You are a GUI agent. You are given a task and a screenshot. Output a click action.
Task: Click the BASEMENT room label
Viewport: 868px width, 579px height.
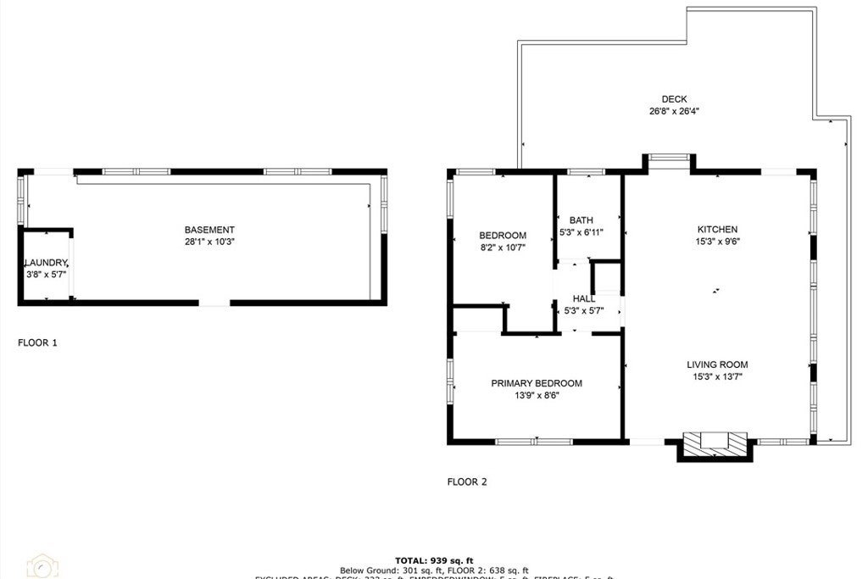pyautogui.click(x=209, y=230)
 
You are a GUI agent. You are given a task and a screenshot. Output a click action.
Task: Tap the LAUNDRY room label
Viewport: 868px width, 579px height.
pyautogui.click(x=45, y=264)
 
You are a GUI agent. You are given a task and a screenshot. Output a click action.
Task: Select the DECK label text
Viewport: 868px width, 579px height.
pyautogui.click(x=674, y=99)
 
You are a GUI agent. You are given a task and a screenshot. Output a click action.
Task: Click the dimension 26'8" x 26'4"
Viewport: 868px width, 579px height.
pyautogui.click(x=674, y=111)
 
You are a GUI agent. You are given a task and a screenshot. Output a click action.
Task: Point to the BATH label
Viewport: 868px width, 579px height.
pyautogui.click(x=581, y=220)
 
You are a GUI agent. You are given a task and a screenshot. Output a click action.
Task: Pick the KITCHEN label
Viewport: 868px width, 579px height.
pyautogui.click(x=717, y=230)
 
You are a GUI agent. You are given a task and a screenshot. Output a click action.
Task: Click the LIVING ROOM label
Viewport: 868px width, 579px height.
pyautogui.click(x=717, y=365)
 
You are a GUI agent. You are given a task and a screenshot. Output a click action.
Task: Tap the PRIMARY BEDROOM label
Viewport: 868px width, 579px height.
pyautogui.click(x=537, y=383)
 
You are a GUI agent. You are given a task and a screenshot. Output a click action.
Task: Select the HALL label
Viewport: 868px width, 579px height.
pyautogui.click(x=583, y=299)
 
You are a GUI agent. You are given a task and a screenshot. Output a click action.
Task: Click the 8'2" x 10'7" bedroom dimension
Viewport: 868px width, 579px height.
pyautogui.click(x=503, y=248)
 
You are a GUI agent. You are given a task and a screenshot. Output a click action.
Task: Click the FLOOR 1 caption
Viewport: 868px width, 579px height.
pyautogui.click(x=38, y=343)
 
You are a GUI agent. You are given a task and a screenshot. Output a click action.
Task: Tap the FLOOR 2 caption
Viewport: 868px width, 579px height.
pyautogui.click(x=467, y=482)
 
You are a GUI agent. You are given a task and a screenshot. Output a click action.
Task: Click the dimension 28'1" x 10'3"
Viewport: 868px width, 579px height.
pyautogui.click(x=209, y=242)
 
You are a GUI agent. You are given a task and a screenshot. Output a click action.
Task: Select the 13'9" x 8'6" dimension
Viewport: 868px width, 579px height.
pyautogui.click(x=537, y=395)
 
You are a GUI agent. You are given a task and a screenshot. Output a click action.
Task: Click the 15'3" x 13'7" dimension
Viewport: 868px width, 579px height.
pyautogui.click(x=717, y=376)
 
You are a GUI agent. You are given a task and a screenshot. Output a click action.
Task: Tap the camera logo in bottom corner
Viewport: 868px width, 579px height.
pyautogui.click(x=42, y=566)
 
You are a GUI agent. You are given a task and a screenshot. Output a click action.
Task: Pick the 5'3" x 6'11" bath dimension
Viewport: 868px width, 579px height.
pyautogui.click(x=581, y=232)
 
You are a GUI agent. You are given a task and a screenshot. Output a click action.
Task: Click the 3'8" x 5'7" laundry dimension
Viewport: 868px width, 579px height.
pyautogui.click(x=45, y=275)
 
